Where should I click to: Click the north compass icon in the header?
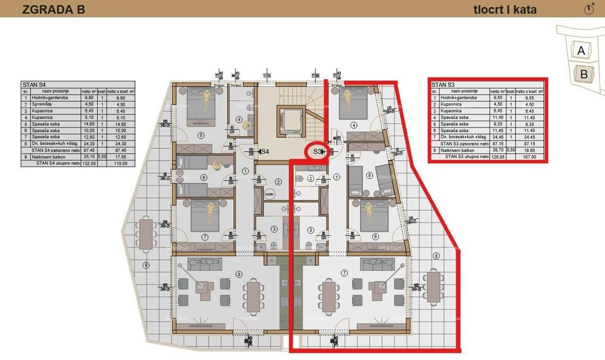click(589, 9)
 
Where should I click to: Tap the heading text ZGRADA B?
click(53, 10)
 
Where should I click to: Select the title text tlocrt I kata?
click(505, 10)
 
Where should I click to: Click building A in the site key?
click(581, 50)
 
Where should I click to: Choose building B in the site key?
click(584, 74)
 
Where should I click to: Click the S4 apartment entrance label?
click(264, 151)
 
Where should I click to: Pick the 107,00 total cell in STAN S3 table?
click(529, 157)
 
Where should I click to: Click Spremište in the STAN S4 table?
click(41, 104)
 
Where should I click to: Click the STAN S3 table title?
click(444, 85)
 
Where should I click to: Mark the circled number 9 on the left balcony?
click(146, 265)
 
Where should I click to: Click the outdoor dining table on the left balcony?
click(146, 234)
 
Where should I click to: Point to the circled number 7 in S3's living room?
click(344, 273)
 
